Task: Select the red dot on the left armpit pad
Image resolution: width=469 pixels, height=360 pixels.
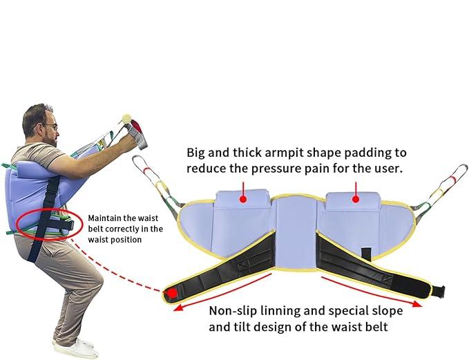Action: (243, 199)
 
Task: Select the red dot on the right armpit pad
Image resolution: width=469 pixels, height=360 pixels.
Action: (356, 199)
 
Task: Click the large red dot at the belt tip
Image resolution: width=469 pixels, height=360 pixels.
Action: (172, 293)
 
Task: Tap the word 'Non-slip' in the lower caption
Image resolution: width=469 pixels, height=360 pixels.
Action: (233, 311)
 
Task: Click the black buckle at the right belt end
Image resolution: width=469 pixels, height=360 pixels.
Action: (438, 291)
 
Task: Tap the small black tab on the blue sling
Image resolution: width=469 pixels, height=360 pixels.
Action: (366, 254)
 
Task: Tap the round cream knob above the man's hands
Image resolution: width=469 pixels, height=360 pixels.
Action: (126, 117)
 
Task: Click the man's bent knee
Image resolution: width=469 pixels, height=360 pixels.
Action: (96, 279)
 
